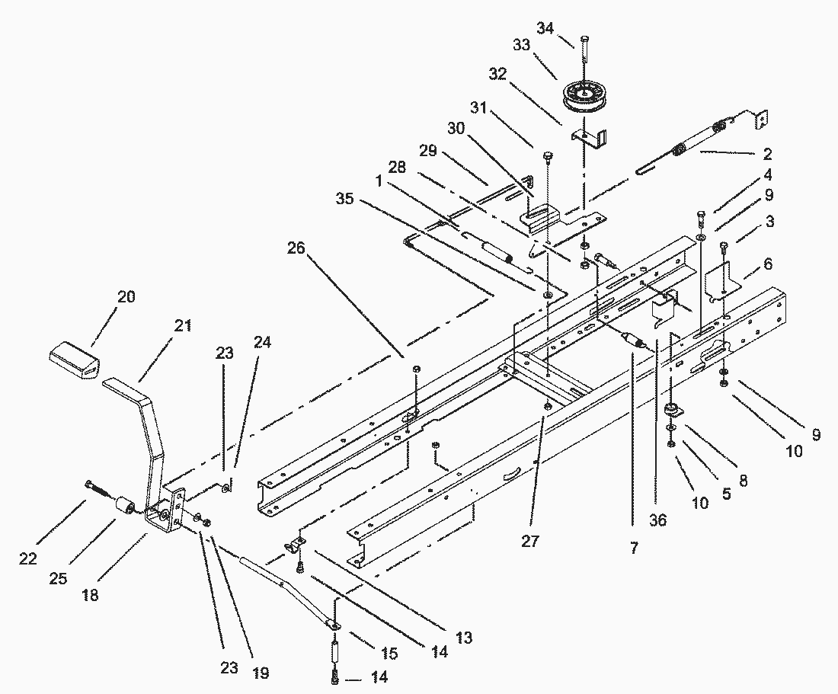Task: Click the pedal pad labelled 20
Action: pyautogui.click(x=75, y=360)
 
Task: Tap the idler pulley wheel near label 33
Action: pyautogui.click(x=584, y=97)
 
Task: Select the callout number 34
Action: pyautogui.click(x=545, y=28)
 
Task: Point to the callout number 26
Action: pyautogui.click(x=297, y=248)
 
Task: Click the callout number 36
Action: pyautogui.click(x=658, y=520)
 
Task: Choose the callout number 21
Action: pyautogui.click(x=183, y=325)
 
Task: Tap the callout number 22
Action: pyautogui.click(x=27, y=559)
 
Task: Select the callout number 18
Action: pyautogui.click(x=91, y=595)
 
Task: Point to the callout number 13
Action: pyautogui.click(x=464, y=638)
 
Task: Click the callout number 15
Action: pyautogui.click(x=389, y=654)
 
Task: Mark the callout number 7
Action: pyautogui.click(x=634, y=548)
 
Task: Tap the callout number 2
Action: pyautogui.click(x=767, y=155)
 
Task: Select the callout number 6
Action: pyautogui.click(x=768, y=264)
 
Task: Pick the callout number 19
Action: pyautogui.click(x=261, y=673)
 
